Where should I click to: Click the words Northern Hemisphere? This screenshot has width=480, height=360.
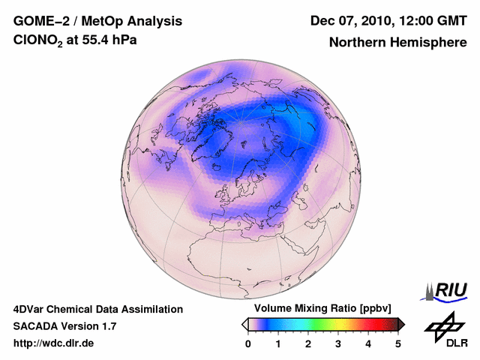click(397, 43)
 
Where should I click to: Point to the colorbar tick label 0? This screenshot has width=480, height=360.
click(248, 343)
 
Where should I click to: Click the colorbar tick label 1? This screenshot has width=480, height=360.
click(278, 343)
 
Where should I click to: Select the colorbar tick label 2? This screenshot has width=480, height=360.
click(308, 343)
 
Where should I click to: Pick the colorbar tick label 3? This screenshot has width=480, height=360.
click(338, 343)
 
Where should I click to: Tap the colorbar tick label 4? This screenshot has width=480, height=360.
click(368, 343)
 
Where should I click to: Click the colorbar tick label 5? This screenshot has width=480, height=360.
click(398, 343)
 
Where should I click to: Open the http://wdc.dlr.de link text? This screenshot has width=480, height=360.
click(54, 343)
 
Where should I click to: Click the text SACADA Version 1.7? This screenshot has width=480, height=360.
click(64, 326)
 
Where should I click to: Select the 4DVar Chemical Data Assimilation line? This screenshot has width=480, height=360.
click(98, 309)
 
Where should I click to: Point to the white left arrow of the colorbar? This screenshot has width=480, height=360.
click(244, 324)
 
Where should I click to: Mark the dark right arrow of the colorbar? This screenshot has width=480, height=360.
click(401, 324)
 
